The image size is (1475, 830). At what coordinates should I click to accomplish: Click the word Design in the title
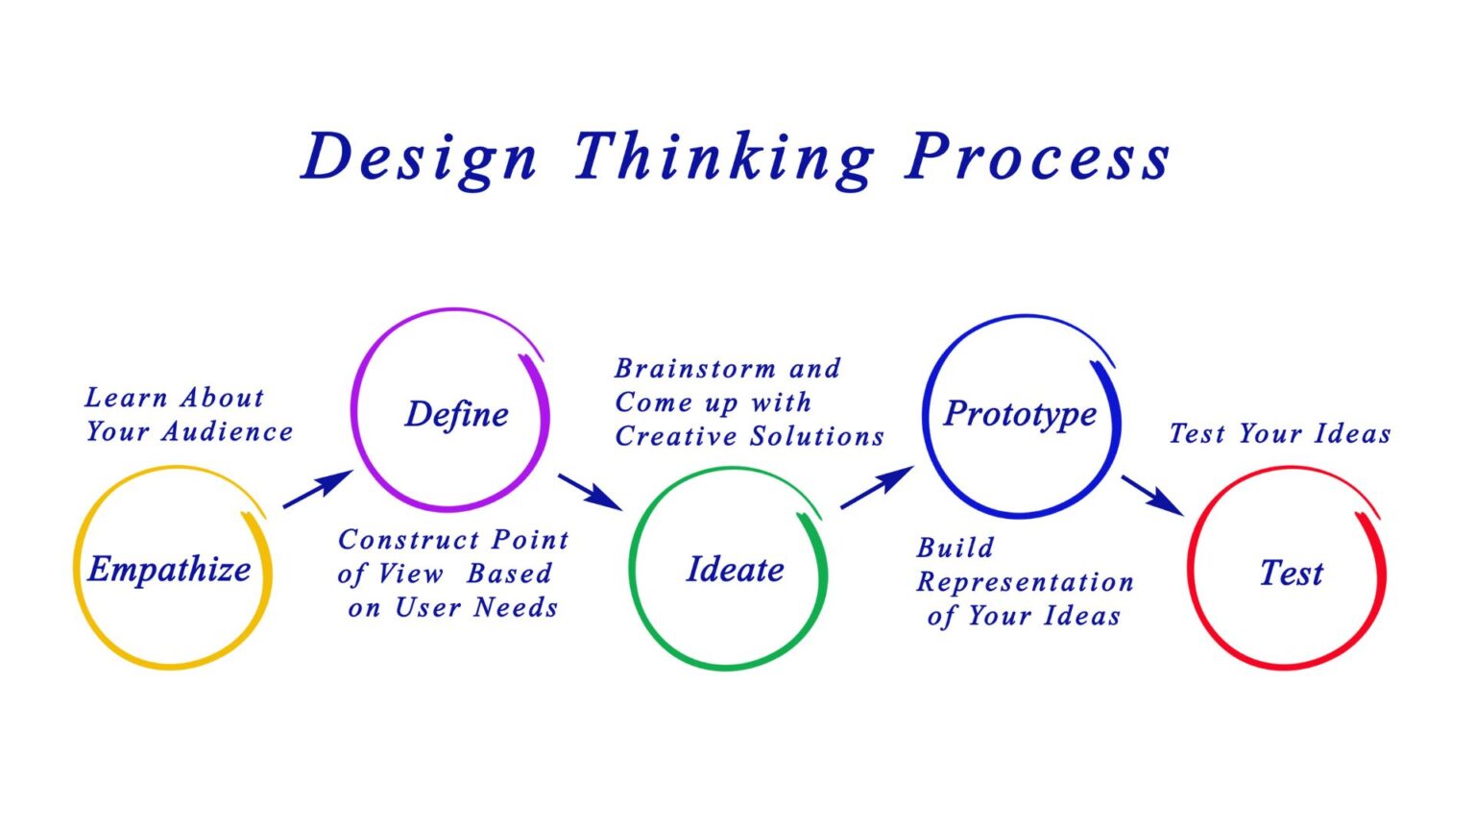tap(420, 158)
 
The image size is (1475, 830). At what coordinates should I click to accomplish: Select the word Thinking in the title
tap(724, 158)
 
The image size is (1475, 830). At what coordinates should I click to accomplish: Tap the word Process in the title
tap(1038, 158)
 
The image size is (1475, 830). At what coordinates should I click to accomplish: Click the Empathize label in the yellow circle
tap(169, 570)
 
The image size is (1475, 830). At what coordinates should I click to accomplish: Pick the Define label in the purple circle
tap(457, 414)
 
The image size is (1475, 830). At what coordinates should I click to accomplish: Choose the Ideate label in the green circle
tap(735, 570)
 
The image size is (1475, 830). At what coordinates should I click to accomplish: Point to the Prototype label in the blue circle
tap(1020, 414)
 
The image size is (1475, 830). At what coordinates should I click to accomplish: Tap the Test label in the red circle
tap(1291, 574)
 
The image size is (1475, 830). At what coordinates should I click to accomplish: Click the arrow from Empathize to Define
tap(318, 489)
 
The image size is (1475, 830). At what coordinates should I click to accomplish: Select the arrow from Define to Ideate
tap(590, 491)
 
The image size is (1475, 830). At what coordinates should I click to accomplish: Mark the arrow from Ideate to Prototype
tap(876, 487)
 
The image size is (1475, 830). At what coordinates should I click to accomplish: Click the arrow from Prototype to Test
tap(1152, 495)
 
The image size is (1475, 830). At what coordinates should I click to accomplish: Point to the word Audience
tap(227, 432)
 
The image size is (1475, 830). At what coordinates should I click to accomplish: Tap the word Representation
tap(1025, 583)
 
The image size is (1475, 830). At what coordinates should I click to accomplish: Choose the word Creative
tap(676, 437)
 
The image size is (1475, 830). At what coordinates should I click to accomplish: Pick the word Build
tap(955, 549)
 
